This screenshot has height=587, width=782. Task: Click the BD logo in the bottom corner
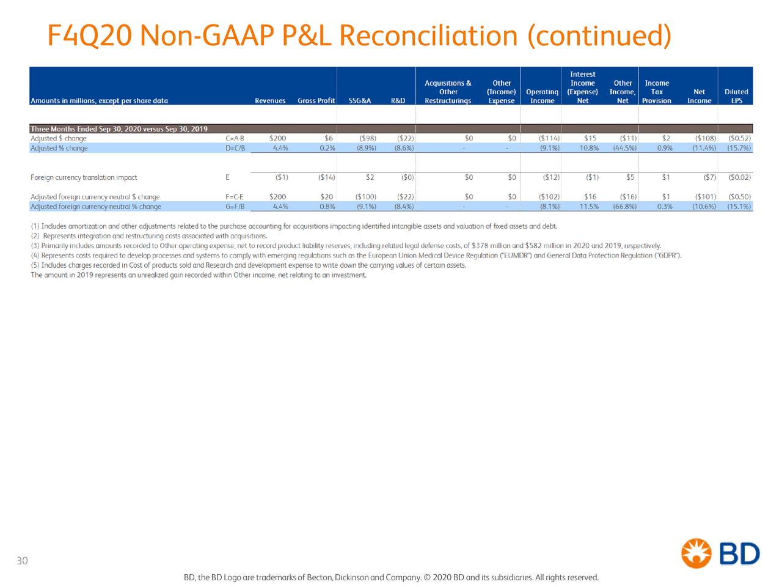click(x=720, y=553)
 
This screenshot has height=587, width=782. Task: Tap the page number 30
click(x=22, y=561)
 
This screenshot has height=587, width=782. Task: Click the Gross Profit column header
click(x=316, y=101)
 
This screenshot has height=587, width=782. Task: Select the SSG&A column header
click(x=360, y=101)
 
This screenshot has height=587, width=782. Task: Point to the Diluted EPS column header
click(x=736, y=97)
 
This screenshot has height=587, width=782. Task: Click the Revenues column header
click(x=270, y=101)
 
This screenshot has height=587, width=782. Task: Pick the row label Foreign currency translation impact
click(x=84, y=177)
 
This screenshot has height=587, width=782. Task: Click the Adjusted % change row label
click(x=59, y=148)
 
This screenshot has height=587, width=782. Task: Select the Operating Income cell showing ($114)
click(x=549, y=138)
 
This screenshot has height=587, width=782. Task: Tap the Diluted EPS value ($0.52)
click(x=739, y=138)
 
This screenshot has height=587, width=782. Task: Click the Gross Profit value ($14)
click(x=326, y=177)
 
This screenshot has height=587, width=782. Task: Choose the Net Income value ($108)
click(x=705, y=138)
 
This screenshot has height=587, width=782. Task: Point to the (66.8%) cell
click(x=624, y=207)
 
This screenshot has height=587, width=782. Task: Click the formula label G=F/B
click(x=235, y=207)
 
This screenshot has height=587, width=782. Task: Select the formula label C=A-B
click(x=235, y=138)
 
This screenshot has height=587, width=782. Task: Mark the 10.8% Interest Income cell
click(x=589, y=148)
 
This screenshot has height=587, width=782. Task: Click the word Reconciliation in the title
click(x=428, y=35)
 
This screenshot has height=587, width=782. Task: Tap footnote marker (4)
click(x=35, y=256)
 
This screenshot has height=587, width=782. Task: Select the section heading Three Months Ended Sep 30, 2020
click(x=119, y=128)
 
